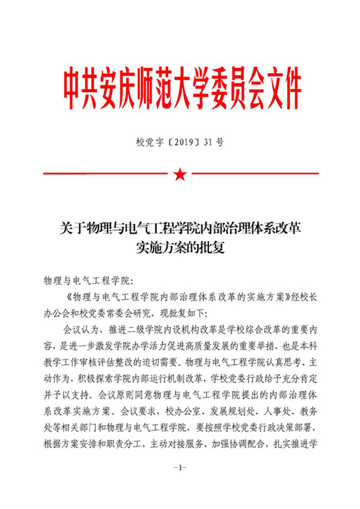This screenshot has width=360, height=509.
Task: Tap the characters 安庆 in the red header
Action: [124, 88]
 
